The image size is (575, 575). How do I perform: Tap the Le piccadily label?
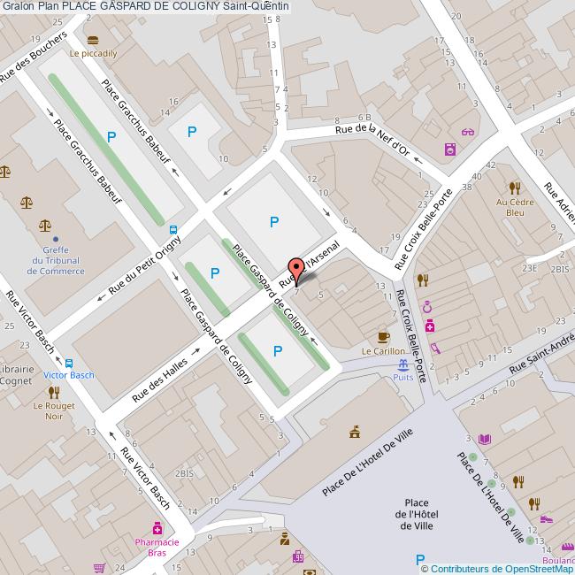(x=94, y=53)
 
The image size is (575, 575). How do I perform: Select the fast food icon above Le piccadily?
(x=94, y=40)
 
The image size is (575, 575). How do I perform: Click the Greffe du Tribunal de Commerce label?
(x=57, y=260)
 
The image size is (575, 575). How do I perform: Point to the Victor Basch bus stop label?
(x=68, y=374)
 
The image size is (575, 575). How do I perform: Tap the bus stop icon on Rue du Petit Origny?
(x=173, y=226)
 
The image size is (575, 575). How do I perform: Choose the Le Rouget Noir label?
(x=54, y=410)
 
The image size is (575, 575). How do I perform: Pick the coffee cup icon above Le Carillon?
(x=383, y=336)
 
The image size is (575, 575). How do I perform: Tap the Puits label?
(x=403, y=377)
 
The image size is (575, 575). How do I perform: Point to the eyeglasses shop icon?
(x=467, y=133)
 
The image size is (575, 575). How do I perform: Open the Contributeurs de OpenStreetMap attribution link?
(x=497, y=568)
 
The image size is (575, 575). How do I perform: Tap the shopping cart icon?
(x=100, y=568)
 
